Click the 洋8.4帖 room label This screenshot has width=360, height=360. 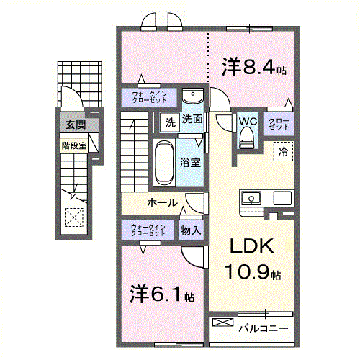coord(253,68)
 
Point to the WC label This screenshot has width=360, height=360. coord(247,120)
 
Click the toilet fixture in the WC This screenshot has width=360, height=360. coord(247,138)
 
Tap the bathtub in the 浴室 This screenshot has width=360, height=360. coord(163,161)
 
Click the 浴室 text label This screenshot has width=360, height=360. coord(190,163)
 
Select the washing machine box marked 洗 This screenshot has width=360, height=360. coord(169,122)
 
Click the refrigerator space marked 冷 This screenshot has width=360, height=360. coord(283,151)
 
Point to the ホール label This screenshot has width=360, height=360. coord(162,203)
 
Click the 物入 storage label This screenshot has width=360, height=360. coord(190,230)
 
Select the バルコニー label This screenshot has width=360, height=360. coord(263,329)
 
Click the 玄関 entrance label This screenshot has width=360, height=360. coord(75,125)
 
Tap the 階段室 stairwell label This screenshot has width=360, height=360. coord(73,144)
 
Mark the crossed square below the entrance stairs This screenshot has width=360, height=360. coord(73,217)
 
